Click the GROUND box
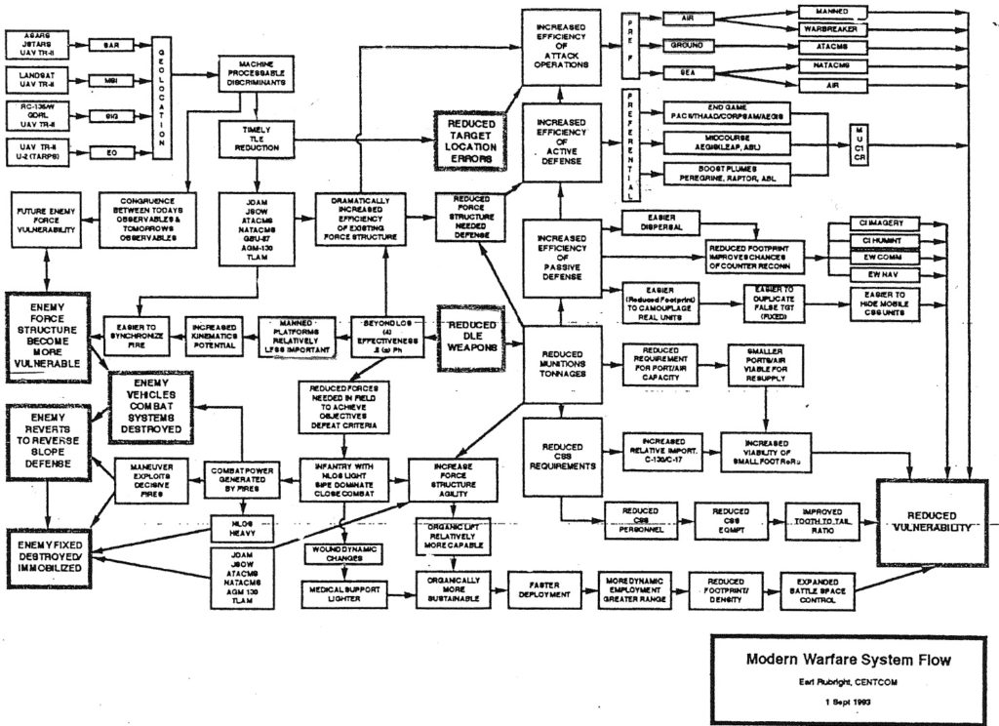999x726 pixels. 688,46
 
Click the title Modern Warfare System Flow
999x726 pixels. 848,660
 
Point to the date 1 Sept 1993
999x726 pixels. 847,703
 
